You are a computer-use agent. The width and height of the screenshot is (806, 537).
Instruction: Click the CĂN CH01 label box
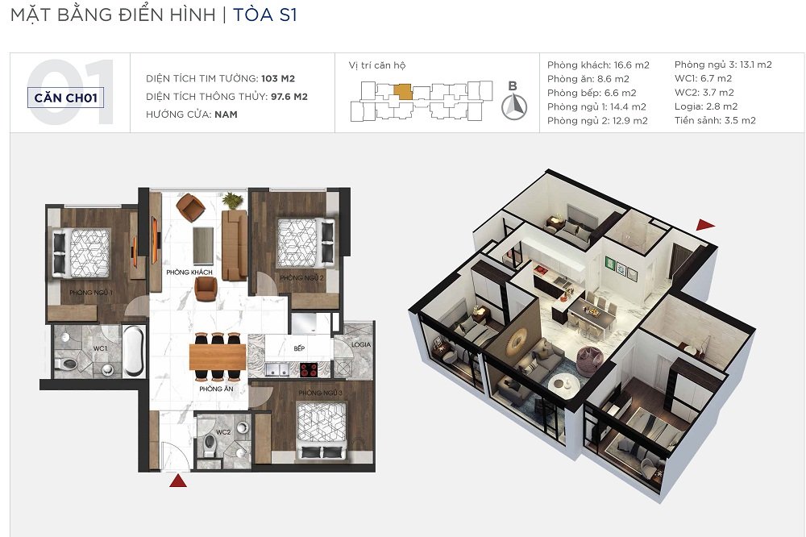pyautogui.click(x=66, y=98)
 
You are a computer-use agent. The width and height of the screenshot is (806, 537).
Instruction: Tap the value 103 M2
pyautogui.click(x=278, y=79)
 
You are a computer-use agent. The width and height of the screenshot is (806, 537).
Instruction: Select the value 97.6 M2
pyautogui.click(x=289, y=97)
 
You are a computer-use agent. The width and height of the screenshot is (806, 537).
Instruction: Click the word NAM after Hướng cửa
pyautogui.click(x=226, y=114)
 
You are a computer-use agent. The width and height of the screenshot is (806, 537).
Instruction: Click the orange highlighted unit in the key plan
pyautogui.click(x=403, y=92)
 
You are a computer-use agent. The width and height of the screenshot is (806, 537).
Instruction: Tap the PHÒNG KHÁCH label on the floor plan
pyautogui.click(x=189, y=272)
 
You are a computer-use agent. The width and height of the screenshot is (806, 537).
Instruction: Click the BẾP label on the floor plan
pyautogui.click(x=299, y=348)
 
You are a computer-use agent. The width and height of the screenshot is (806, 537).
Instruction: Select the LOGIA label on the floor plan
pyautogui.click(x=361, y=344)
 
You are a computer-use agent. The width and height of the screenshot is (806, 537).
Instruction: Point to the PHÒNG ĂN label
pyautogui.click(x=216, y=389)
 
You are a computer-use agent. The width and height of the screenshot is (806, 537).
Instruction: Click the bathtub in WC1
pyautogui.click(x=134, y=351)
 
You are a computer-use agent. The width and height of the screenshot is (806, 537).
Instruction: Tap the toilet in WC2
pyautogui.click(x=210, y=445)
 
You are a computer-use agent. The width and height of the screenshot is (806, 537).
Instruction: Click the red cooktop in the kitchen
pyautogui.click(x=309, y=370)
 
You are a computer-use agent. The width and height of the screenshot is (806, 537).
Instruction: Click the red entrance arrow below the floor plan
pyautogui.click(x=178, y=481)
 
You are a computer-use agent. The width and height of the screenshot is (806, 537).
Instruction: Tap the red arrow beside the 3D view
pyautogui.click(x=705, y=224)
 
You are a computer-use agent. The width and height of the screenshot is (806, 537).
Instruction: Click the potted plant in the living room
pyautogui.click(x=234, y=200)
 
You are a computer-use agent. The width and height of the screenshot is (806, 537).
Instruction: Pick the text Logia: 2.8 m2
pyautogui.click(x=706, y=106)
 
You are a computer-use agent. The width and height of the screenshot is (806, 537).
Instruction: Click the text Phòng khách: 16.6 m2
pyautogui.click(x=598, y=65)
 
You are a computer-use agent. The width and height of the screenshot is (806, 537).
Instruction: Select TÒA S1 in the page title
pyautogui.click(x=265, y=15)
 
